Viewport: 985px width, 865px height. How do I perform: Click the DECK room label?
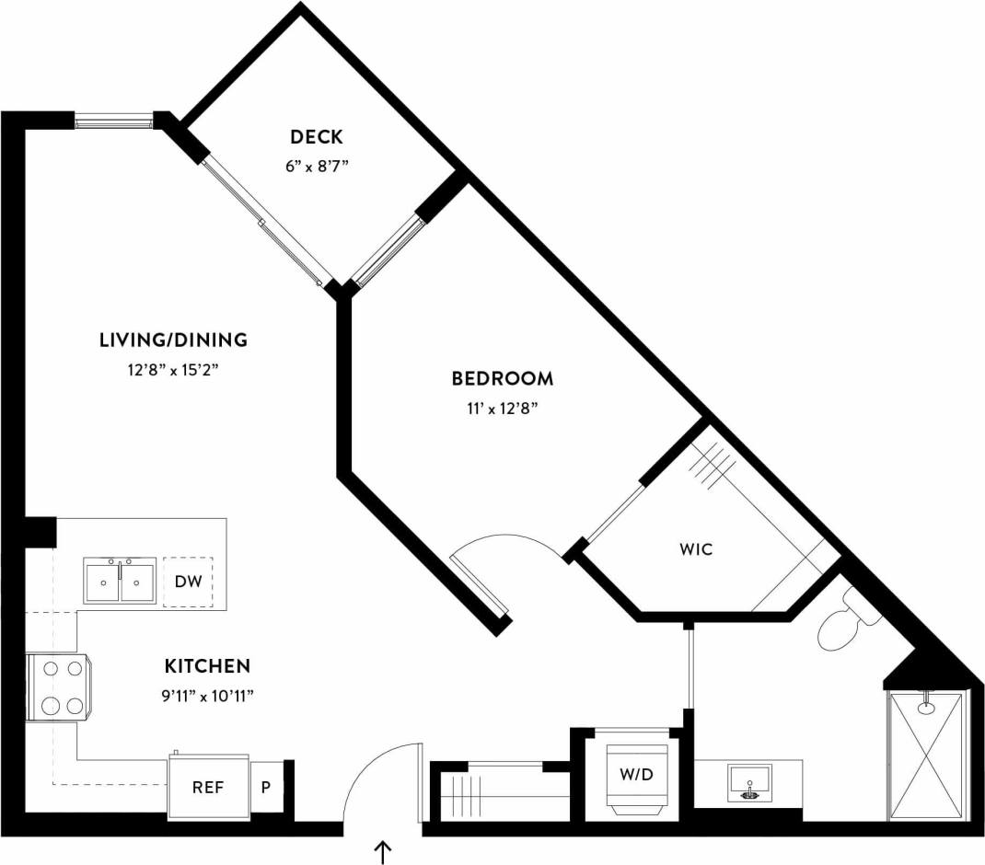coord(316,137)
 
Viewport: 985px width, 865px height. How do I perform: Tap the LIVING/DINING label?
coord(173,340)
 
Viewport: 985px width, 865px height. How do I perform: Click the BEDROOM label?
coord(502,378)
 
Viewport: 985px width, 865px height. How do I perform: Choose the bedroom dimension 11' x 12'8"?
coord(502,408)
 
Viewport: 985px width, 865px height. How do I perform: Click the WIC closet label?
coord(696,550)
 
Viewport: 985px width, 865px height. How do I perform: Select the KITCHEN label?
coord(207,665)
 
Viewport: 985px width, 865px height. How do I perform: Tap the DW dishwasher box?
coord(188,582)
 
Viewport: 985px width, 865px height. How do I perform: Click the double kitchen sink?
coord(120,581)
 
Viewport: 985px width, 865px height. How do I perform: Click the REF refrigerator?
coord(208,788)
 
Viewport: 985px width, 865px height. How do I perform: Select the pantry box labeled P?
coord(267,788)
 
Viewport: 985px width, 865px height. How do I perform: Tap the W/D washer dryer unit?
coord(635,774)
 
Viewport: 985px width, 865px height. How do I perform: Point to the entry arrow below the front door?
coord(382,852)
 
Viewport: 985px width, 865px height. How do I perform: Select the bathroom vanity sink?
coord(750,783)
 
